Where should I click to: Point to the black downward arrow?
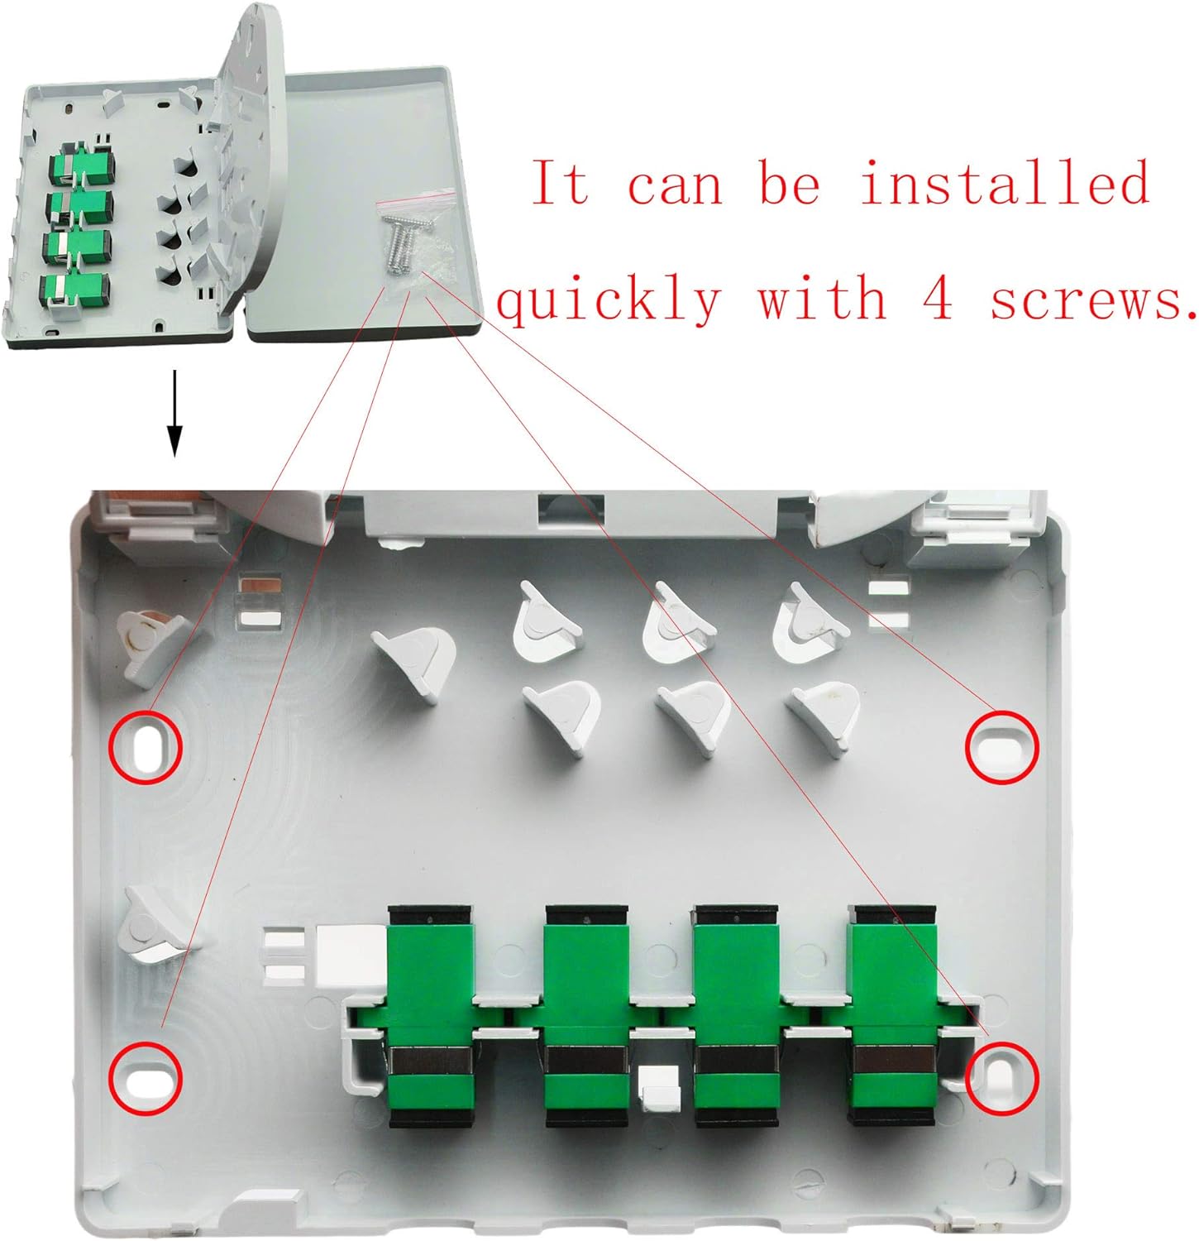point(174,413)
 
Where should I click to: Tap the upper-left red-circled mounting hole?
point(146,745)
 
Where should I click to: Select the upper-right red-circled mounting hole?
point(1001,745)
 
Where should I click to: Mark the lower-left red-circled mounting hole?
point(146,1079)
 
